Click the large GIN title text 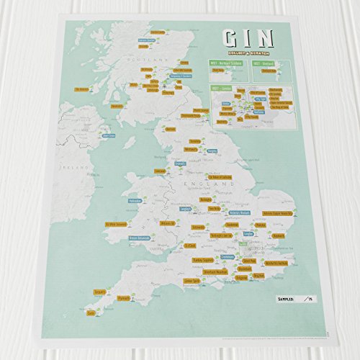click(x=245, y=39)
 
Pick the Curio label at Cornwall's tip click(x=90, y=312)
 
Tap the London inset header click(x=219, y=87)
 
